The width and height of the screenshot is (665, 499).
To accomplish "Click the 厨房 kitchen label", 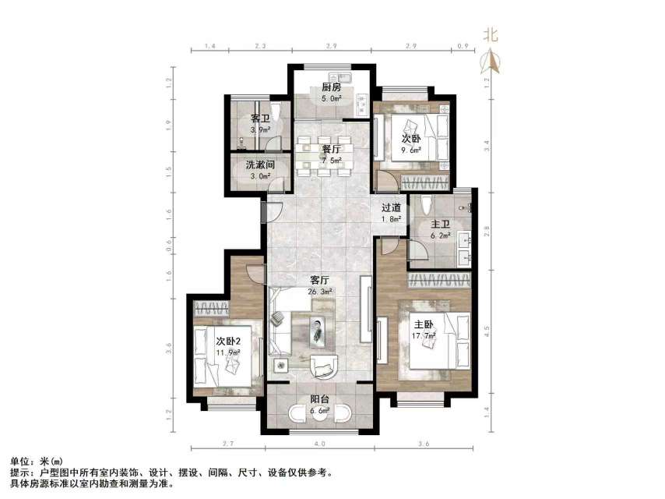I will (x=331, y=87).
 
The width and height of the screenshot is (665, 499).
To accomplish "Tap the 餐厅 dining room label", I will (x=331, y=149).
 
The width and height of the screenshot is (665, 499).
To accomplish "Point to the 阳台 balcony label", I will (x=320, y=398).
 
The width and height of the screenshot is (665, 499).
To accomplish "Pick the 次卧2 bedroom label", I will (x=227, y=341).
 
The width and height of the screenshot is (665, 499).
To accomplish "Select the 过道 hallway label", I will (x=391, y=208).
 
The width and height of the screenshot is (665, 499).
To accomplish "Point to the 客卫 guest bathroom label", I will (x=259, y=119).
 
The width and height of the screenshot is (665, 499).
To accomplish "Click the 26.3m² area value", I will (x=321, y=291).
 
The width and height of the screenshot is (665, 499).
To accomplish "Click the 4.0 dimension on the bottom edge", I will (x=320, y=444).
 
